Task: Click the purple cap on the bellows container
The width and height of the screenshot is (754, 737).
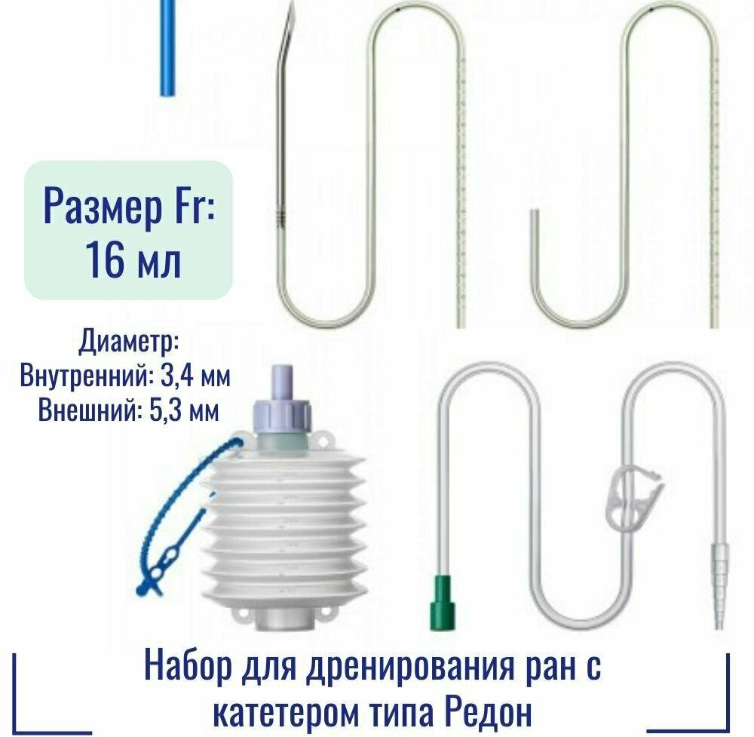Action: (x=282, y=399)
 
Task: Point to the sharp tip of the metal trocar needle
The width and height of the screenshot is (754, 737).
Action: (x=292, y=3)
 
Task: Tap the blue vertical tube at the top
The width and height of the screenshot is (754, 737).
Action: (x=167, y=48)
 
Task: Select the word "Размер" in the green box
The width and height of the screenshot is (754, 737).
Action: (x=103, y=207)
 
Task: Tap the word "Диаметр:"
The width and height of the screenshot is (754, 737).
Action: (x=129, y=342)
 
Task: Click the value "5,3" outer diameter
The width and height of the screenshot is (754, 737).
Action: (x=165, y=410)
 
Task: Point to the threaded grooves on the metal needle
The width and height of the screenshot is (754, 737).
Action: (x=282, y=219)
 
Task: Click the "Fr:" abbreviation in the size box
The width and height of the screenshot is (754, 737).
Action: (x=192, y=207)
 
